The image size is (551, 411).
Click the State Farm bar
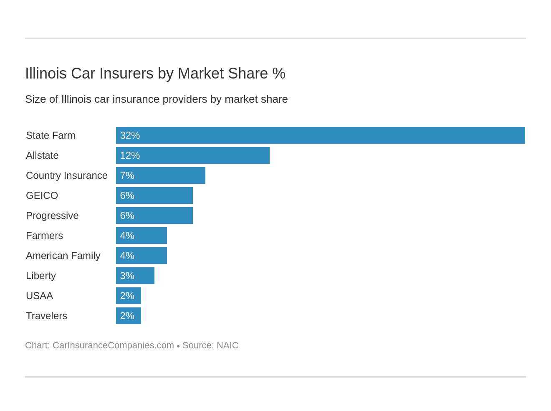(x=320, y=135)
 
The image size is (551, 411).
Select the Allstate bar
(x=193, y=155)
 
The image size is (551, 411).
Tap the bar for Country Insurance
(x=161, y=175)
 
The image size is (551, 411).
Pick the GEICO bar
(x=154, y=195)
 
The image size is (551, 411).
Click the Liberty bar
(x=135, y=276)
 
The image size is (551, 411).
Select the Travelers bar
(x=129, y=316)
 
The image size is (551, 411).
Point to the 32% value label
(x=130, y=135)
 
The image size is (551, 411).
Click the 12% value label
(x=130, y=155)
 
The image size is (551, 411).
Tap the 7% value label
(x=127, y=175)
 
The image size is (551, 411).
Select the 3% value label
(x=127, y=276)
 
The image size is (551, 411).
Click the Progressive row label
(x=52, y=216)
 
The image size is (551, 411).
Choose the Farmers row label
(x=44, y=236)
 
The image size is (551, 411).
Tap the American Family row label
(x=63, y=256)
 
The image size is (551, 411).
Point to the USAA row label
(x=39, y=296)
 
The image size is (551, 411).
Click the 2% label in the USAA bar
(x=127, y=296)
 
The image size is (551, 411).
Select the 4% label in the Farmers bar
(x=127, y=236)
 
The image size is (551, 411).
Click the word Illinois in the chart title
(x=46, y=74)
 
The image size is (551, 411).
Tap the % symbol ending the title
(x=279, y=74)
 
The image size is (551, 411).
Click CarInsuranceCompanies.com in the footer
(x=113, y=345)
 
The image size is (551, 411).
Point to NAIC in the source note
(x=227, y=345)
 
